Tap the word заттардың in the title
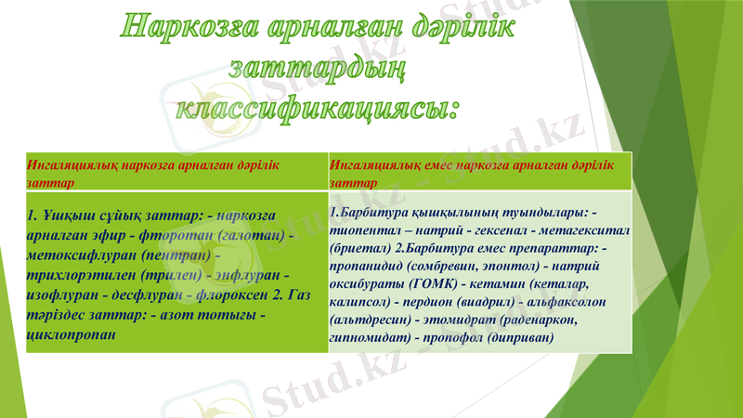[317, 67]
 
